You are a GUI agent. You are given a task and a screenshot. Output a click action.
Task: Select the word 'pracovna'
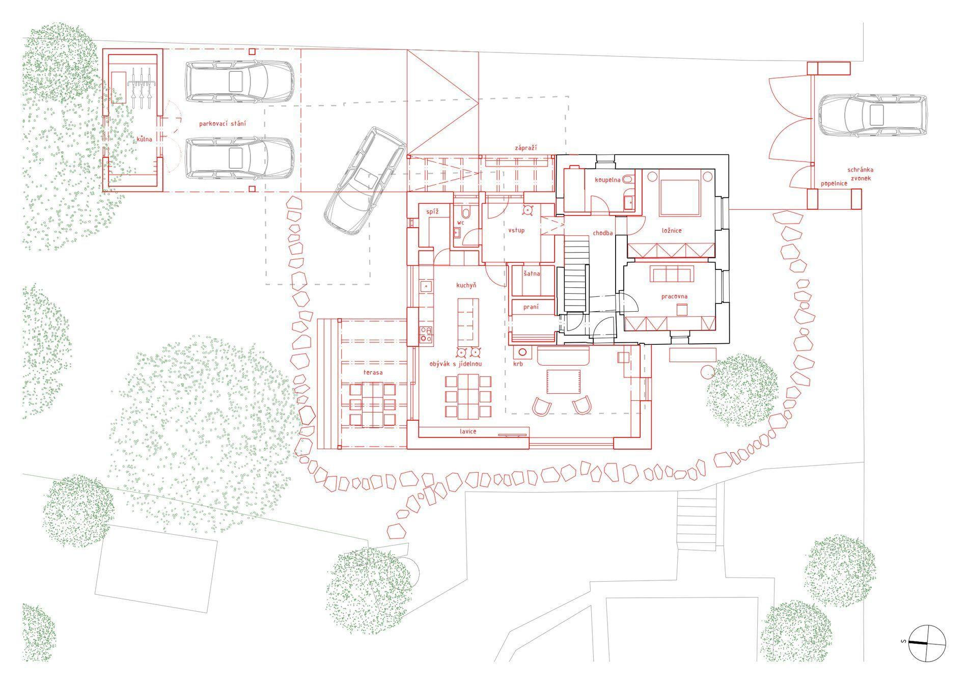coord(674,296)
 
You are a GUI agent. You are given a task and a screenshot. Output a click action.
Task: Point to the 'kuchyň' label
coord(466,285)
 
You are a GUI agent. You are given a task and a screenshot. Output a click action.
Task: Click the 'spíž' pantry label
coord(432,211)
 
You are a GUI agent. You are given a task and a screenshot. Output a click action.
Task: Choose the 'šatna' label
coord(532,273)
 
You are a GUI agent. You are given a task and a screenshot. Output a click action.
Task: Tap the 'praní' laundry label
coord(531,307)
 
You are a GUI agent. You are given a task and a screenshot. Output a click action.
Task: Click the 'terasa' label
coord(373,372)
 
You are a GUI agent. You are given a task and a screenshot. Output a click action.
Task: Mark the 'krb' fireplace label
coord(518,364)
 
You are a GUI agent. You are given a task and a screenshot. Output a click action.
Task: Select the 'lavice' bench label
coord(467,431)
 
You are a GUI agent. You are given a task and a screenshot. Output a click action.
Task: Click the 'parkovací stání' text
coord(223,124)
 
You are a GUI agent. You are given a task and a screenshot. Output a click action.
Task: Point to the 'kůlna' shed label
coord(144,139)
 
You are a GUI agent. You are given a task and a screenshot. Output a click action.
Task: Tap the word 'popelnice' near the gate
coord(834,183)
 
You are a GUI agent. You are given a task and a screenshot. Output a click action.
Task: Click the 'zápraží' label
coord(525,148)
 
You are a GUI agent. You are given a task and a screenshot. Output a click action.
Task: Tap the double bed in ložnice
coord(679,197)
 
